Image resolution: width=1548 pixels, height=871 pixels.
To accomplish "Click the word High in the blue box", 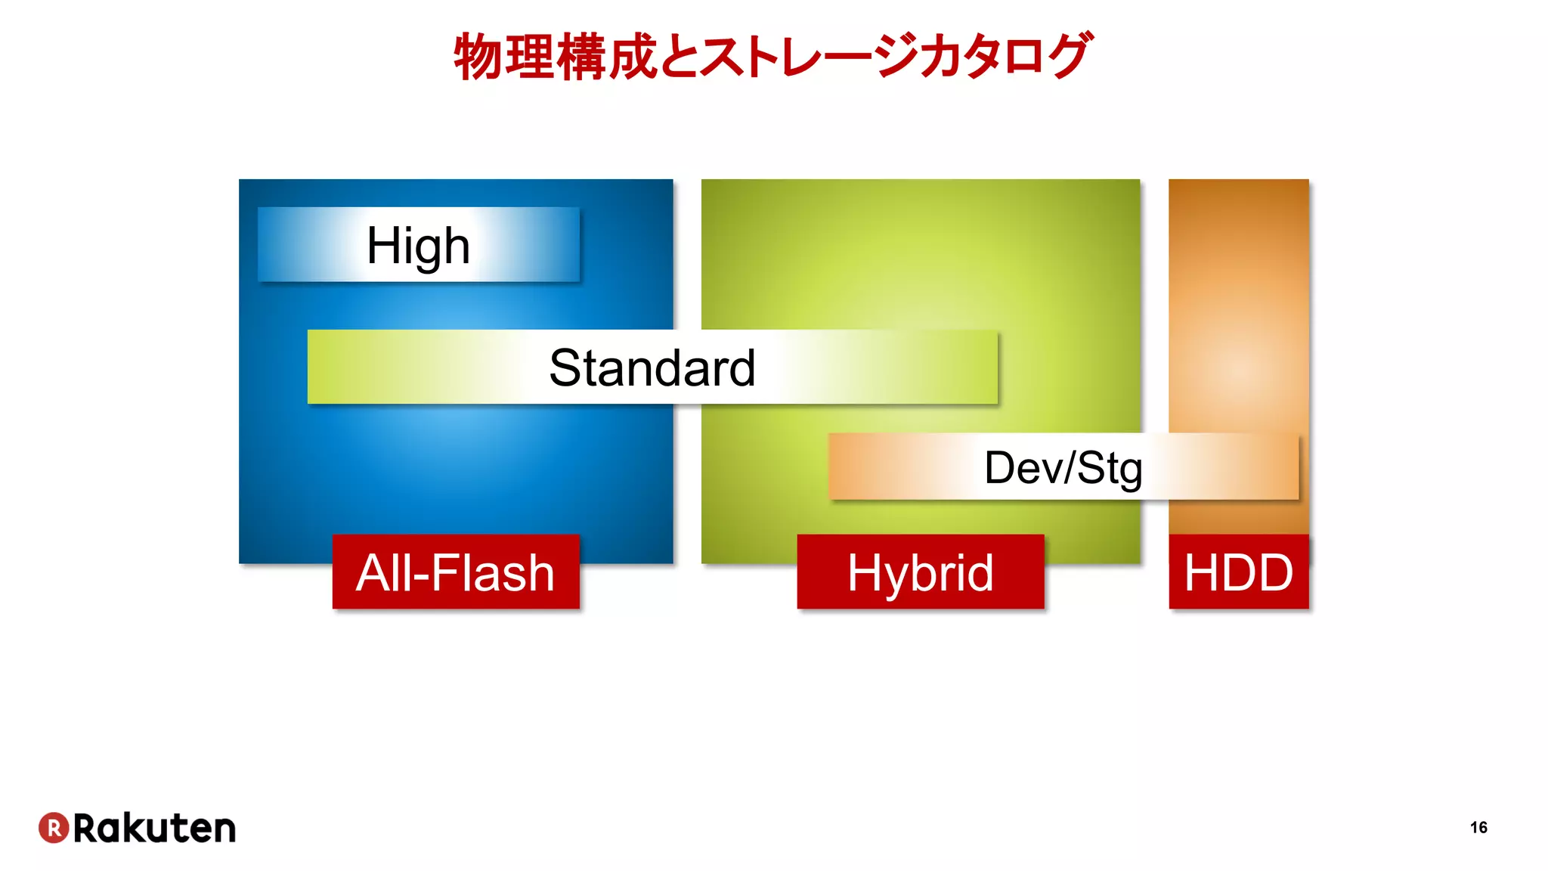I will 418,246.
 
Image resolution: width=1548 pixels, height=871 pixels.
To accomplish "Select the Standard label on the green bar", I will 652,368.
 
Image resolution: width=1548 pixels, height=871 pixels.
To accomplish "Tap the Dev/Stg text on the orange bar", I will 1063,468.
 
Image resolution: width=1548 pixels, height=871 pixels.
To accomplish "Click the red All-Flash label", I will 456,572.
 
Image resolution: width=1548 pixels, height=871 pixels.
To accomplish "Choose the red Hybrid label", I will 920,572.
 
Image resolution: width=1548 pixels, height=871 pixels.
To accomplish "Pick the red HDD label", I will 1238,572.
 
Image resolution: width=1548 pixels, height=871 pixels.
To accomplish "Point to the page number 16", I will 1478,827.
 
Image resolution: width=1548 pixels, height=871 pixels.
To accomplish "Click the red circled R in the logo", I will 54,828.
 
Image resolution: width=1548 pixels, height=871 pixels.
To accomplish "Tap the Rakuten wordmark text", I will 154,828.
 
